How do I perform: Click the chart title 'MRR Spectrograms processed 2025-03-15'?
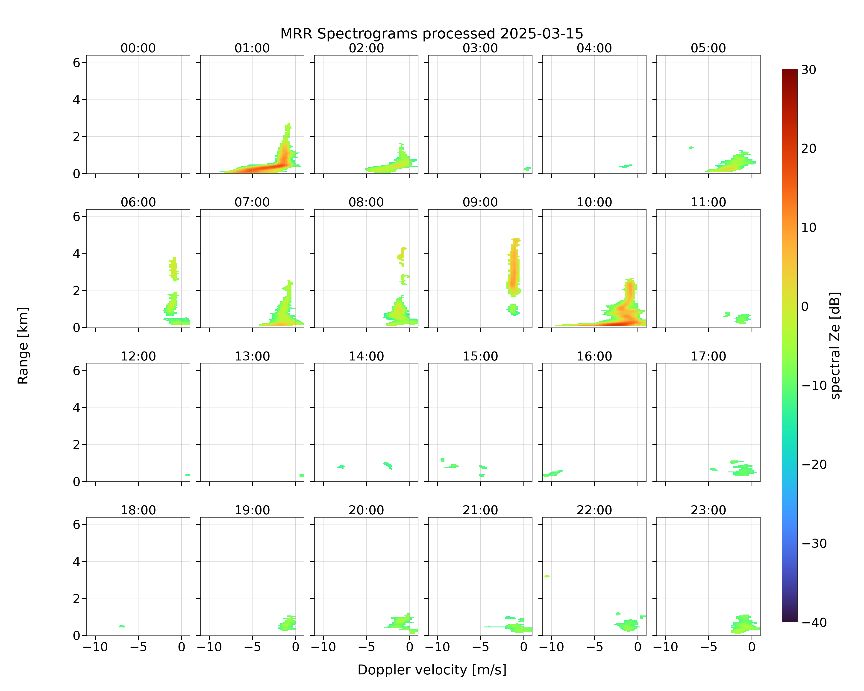point(432,34)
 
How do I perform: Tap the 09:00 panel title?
point(480,202)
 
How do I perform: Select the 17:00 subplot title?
point(708,356)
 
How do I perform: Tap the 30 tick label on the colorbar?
point(809,70)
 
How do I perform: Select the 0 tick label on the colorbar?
point(805,306)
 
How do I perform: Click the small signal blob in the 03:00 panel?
point(527,169)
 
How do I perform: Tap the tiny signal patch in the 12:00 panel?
point(188,475)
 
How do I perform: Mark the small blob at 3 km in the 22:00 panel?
point(547,576)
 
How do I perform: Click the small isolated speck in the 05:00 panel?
point(691,147)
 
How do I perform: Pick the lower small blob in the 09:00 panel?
point(513,309)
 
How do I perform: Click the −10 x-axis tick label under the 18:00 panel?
point(95,647)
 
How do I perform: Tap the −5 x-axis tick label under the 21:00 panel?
point(480,647)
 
